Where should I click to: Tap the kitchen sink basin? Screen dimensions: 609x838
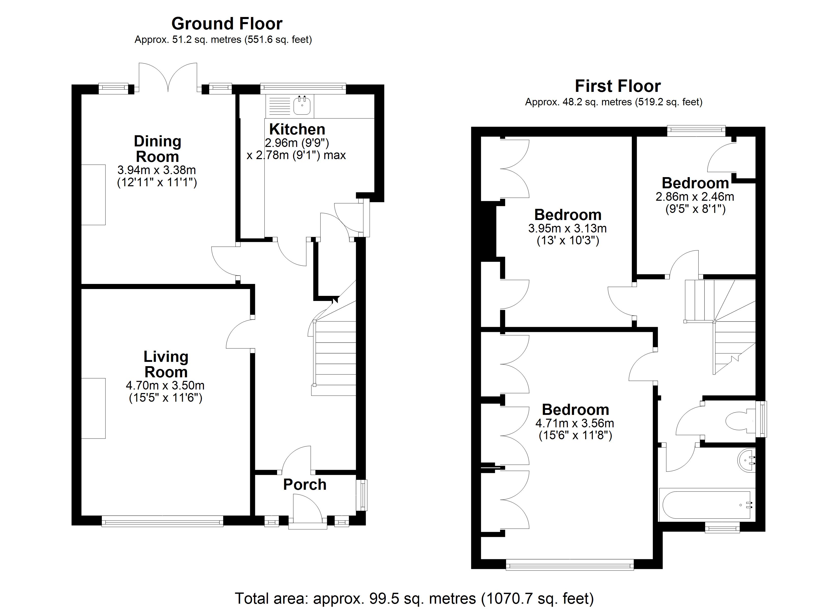[302, 106]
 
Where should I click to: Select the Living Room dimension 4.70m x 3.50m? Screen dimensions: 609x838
[165, 385]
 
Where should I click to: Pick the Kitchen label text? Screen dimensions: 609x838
[297, 129]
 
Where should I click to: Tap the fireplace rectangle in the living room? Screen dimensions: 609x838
[93, 408]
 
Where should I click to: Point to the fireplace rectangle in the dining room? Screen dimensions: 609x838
[93, 195]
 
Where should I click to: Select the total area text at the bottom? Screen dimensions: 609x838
[414, 598]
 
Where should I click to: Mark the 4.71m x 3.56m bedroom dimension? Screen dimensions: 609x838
[575, 423]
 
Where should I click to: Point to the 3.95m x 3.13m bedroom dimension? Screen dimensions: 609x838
[567, 228]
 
